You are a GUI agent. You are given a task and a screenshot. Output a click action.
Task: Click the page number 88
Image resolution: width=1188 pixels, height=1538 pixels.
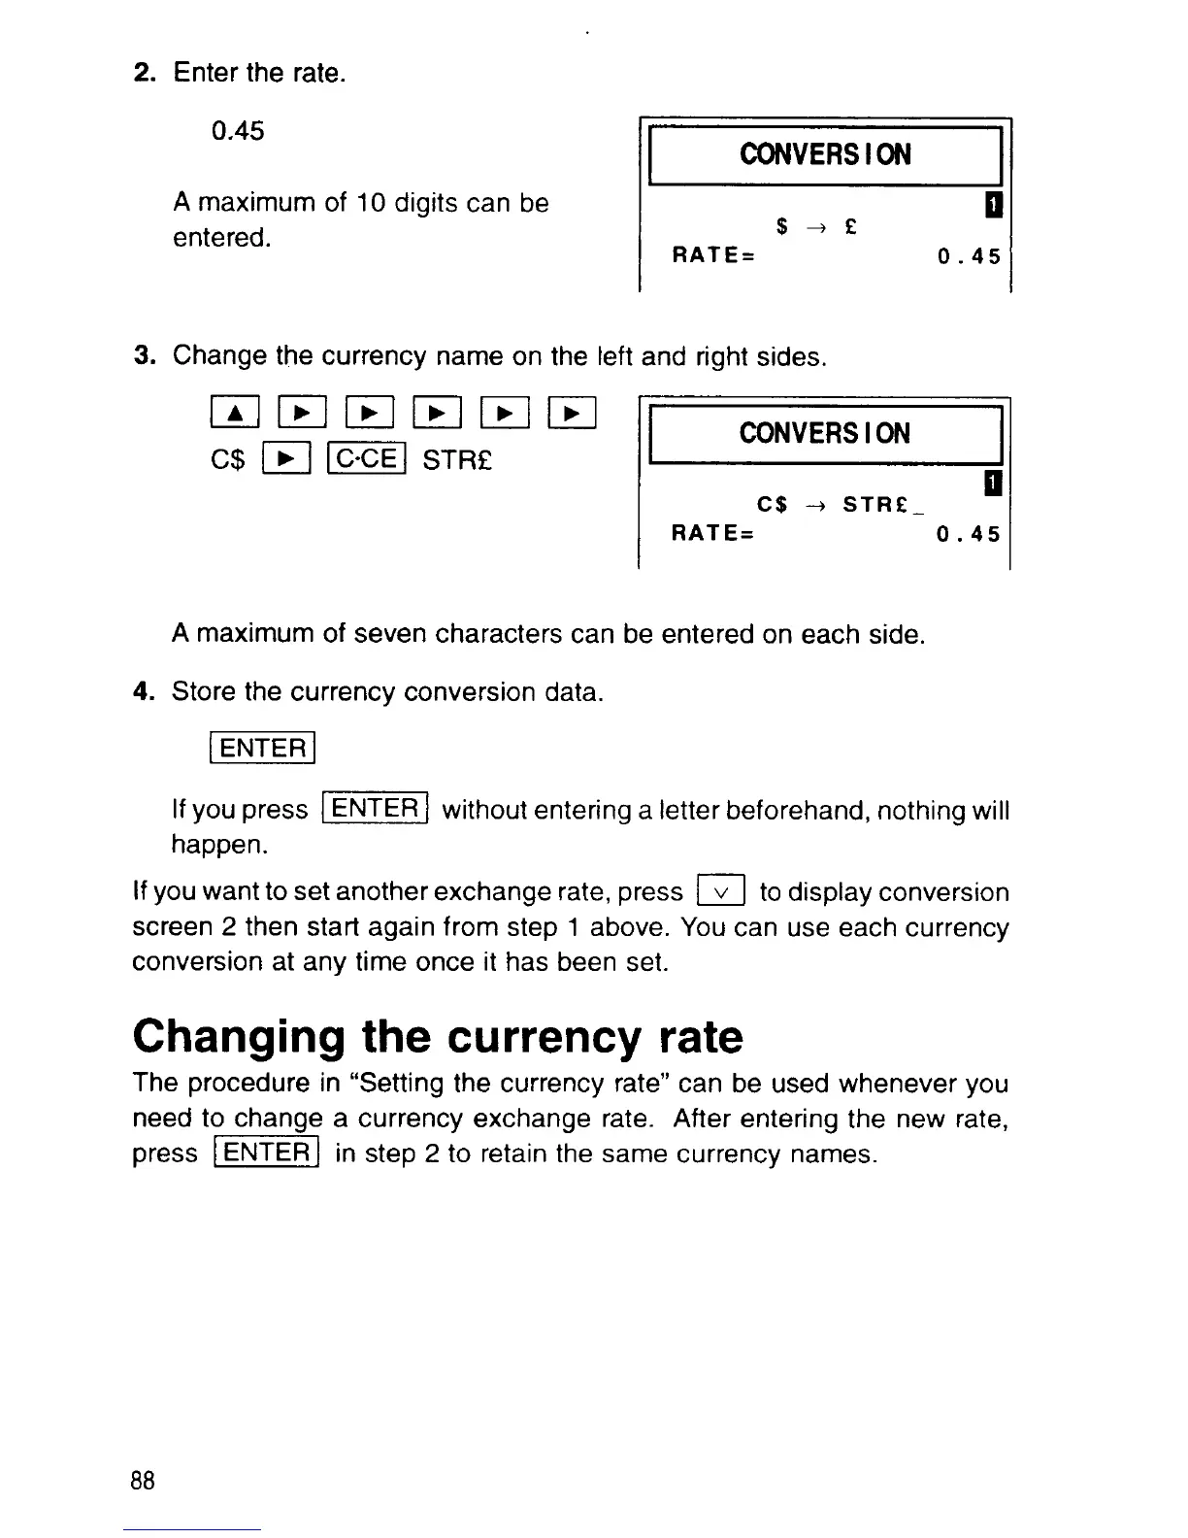click(143, 1481)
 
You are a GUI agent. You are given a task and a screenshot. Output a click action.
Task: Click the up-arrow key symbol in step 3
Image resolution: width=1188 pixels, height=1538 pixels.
click(234, 415)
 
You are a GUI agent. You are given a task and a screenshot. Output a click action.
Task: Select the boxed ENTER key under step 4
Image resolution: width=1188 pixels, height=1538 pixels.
click(263, 749)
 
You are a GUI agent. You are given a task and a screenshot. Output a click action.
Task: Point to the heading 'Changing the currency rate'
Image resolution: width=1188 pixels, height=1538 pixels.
click(438, 1036)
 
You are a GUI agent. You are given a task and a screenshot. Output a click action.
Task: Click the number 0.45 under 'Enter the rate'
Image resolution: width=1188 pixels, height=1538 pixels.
click(238, 131)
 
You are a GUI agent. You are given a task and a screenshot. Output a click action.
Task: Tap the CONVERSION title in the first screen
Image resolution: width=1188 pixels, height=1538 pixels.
click(825, 154)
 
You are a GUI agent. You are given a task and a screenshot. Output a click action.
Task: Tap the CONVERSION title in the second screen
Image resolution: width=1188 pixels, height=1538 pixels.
click(825, 433)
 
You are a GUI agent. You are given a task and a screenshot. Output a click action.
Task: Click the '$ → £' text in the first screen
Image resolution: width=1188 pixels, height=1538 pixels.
click(816, 227)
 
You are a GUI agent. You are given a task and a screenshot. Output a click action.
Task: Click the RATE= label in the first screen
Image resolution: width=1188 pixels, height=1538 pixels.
click(713, 256)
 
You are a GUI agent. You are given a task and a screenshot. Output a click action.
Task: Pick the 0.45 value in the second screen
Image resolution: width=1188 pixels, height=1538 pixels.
click(968, 535)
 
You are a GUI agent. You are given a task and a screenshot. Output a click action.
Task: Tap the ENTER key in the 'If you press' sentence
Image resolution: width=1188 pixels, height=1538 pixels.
click(376, 809)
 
